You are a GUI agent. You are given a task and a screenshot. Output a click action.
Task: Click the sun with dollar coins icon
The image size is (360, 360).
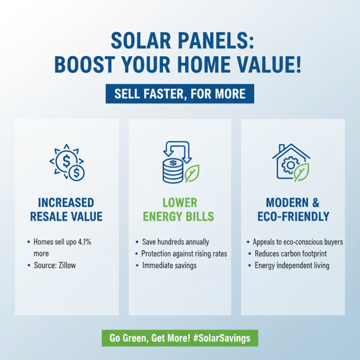[x=67, y=162]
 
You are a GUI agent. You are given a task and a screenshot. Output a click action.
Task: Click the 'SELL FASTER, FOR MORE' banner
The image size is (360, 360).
[x=180, y=94]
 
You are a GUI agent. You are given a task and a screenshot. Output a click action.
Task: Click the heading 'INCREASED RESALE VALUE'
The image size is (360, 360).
[x=67, y=209]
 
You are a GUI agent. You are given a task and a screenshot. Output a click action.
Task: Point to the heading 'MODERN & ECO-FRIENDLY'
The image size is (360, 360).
[x=293, y=209]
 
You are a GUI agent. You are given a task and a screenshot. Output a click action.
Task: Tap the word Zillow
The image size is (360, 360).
[x=66, y=265]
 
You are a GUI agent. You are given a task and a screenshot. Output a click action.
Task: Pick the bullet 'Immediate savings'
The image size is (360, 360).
[x=170, y=265]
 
